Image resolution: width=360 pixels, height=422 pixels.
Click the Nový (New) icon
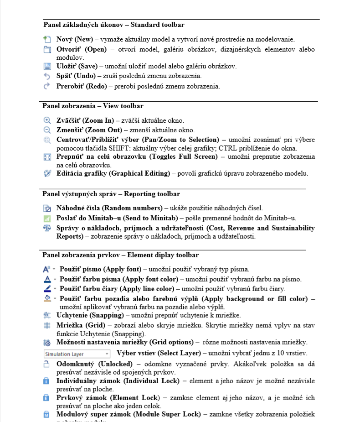(47, 39)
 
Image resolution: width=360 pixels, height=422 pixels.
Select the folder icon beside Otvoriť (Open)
(47, 49)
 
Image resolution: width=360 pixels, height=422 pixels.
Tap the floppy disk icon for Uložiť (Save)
(47, 66)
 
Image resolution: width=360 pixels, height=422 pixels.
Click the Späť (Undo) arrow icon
(47, 76)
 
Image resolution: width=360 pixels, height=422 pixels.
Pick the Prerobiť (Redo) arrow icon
(47, 85)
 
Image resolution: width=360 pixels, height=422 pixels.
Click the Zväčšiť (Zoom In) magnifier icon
(47, 120)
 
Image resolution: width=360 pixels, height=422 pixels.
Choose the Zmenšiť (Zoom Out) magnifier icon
(47, 130)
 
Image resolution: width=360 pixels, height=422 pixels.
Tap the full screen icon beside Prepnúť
(47, 156)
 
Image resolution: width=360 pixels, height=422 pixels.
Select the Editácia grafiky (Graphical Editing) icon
(47, 173)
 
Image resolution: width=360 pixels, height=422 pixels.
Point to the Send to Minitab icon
(47, 218)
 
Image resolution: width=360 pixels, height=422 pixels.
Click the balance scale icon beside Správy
(47, 228)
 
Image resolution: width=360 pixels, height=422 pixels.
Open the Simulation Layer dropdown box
(77, 354)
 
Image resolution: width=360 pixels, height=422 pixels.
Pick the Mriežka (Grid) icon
(47, 325)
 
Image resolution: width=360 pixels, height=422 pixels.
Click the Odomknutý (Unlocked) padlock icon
(46, 364)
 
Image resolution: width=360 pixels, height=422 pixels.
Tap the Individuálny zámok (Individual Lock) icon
(46, 380)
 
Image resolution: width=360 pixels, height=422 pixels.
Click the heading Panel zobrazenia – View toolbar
(93, 106)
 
